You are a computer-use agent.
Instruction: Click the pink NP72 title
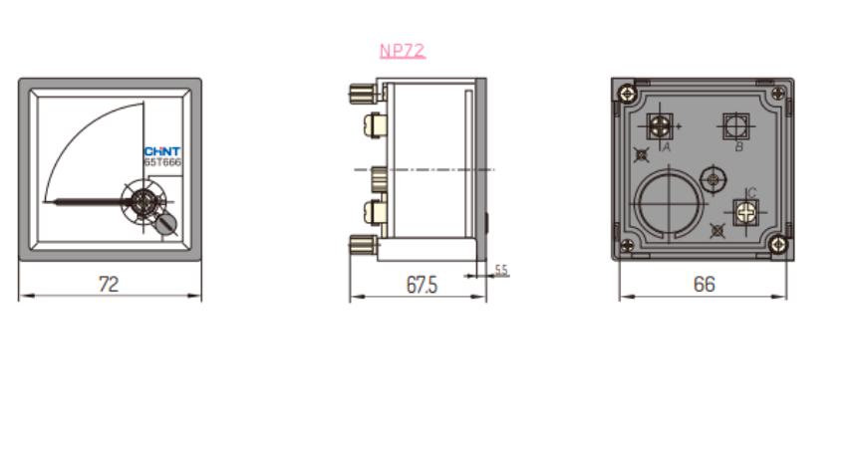(x=403, y=51)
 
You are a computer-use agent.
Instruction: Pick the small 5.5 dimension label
(x=501, y=270)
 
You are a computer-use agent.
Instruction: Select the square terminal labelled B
(x=735, y=126)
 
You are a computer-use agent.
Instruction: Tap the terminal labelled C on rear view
(x=745, y=211)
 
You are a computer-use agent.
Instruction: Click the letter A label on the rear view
(x=666, y=146)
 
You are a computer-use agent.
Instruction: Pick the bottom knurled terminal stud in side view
(x=361, y=244)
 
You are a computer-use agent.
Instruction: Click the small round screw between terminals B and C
(x=712, y=179)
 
